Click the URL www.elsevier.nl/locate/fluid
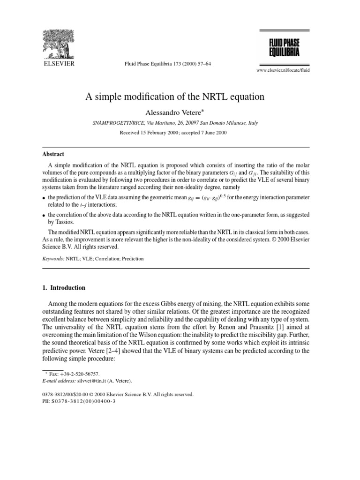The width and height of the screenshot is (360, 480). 283,69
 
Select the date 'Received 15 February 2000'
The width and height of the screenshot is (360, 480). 149,133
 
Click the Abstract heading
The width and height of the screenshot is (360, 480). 53,154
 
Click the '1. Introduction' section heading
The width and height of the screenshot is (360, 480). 64,288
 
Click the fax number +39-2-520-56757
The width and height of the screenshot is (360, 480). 80,374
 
